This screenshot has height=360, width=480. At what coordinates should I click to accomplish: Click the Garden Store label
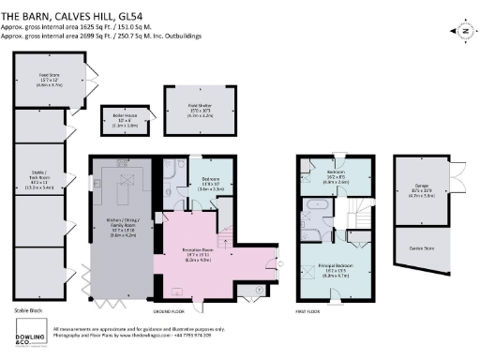pos(417,247)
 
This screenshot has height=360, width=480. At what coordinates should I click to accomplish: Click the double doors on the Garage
pos(457,178)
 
